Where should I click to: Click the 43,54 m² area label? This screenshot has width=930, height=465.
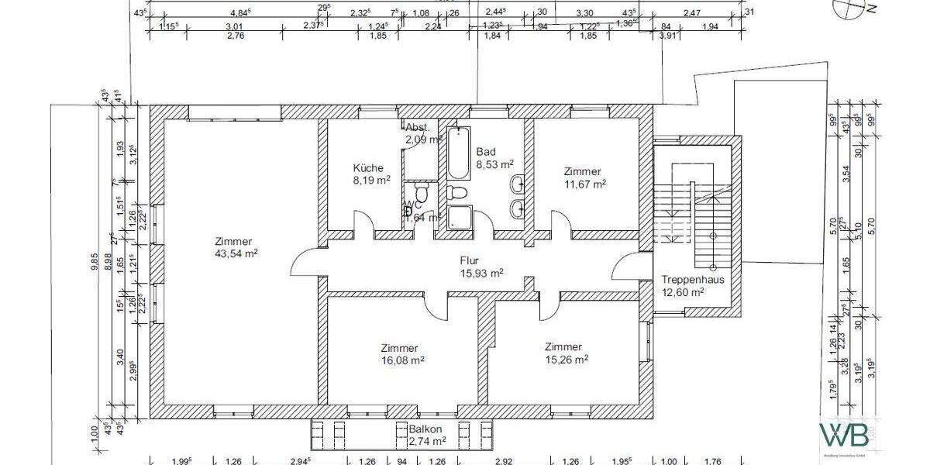point(236,253)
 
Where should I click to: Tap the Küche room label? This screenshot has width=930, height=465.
point(368,168)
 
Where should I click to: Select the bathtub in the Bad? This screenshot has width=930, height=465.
point(456,150)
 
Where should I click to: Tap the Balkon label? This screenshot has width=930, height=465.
point(426,429)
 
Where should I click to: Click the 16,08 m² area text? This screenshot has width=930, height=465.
point(400,360)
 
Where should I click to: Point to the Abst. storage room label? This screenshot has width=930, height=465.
point(417,127)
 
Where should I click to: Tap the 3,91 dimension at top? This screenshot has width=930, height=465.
point(666,36)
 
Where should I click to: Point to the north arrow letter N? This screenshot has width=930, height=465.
point(870,9)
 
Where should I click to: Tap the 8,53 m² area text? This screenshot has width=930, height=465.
point(495,164)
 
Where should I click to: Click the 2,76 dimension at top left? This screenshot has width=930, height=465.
point(233,36)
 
